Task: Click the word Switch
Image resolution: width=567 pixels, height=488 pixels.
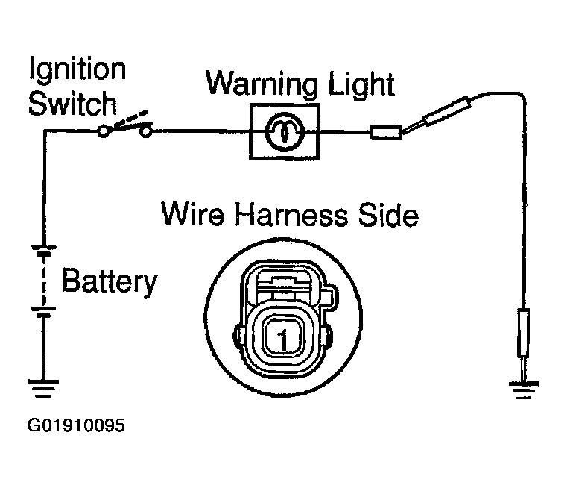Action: [72, 104]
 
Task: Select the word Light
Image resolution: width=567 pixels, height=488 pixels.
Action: [361, 84]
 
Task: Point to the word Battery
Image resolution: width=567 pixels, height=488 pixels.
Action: [110, 281]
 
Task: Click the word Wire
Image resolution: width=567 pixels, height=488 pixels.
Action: [192, 214]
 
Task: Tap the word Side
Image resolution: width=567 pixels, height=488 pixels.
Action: [388, 215]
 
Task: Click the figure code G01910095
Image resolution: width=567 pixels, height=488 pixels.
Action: [76, 425]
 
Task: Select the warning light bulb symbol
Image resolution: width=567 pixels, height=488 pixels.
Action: [285, 132]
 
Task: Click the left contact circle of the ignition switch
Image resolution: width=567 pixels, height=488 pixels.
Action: [103, 132]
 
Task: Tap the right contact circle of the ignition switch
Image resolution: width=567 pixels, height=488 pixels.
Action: [146, 132]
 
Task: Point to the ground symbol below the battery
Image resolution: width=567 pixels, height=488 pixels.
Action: [43, 388]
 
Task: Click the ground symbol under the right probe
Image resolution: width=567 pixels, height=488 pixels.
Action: [524, 390]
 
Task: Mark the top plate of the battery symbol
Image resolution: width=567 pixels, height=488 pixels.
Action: [44, 248]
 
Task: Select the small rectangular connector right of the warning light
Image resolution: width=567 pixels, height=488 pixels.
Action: [386, 132]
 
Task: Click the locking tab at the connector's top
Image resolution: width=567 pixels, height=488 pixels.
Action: [284, 281]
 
